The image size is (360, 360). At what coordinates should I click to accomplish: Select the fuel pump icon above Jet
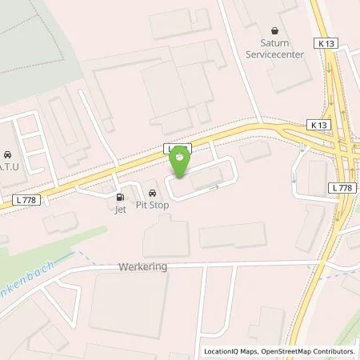(121, 197)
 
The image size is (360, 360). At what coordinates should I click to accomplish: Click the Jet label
(120, 210)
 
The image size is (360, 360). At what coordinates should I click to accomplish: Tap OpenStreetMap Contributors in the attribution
(310, 351)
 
